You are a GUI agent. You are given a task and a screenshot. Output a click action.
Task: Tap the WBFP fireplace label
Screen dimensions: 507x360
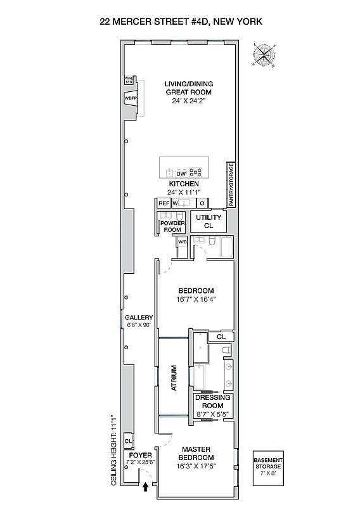pyautogui.click(x=131, y=99)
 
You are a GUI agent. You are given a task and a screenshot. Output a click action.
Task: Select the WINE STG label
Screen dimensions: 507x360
pyautogui.click(x=129, y=80)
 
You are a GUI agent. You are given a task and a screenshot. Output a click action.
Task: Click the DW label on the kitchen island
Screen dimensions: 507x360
pyautogui.click(x=181, y=173)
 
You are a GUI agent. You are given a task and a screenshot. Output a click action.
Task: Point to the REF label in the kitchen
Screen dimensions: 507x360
pyautogui.click(x=164, y=203)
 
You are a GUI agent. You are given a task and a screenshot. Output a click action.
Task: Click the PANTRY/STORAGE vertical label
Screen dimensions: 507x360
pyautogui.click(x=231, y=184)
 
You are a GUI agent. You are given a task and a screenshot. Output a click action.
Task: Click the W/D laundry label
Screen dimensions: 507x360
pyautogui.click(x=182, y=242)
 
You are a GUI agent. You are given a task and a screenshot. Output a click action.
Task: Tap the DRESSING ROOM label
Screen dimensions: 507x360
pyautogui.click(x=212, y=402)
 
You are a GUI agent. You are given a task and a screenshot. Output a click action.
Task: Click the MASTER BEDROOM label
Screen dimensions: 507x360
pyautogui.click(x=196, y=453)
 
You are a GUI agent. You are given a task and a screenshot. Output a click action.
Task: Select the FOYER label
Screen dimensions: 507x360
pyautogui.click(x=140, y=455)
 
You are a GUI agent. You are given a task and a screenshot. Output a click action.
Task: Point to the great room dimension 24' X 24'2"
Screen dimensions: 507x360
pyautogui.click(x=188, y=101)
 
